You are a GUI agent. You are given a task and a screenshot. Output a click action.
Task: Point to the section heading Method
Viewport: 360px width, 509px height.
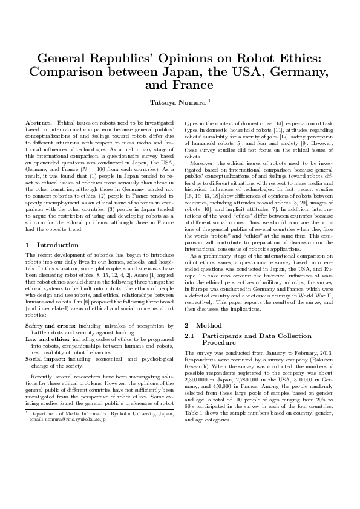(209, 325)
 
